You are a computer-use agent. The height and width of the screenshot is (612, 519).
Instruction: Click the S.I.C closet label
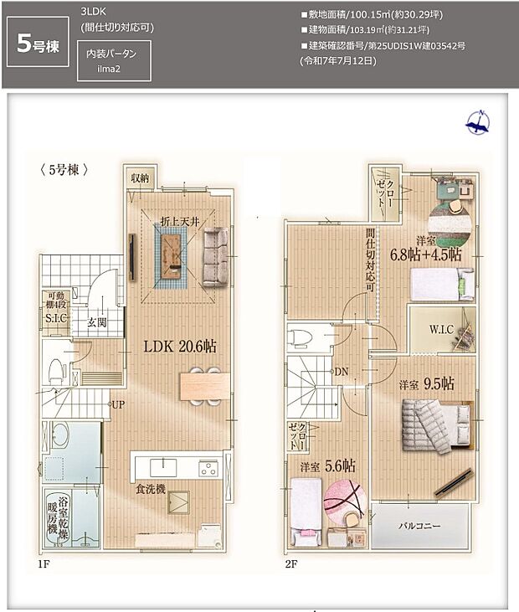tap(55, 318)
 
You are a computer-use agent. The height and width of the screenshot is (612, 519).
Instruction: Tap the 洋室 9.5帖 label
tap(426, 384)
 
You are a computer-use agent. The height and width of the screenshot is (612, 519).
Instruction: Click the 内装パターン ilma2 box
tap(113, 63)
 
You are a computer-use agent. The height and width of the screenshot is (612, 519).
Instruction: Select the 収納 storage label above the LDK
tap(139, 178)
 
